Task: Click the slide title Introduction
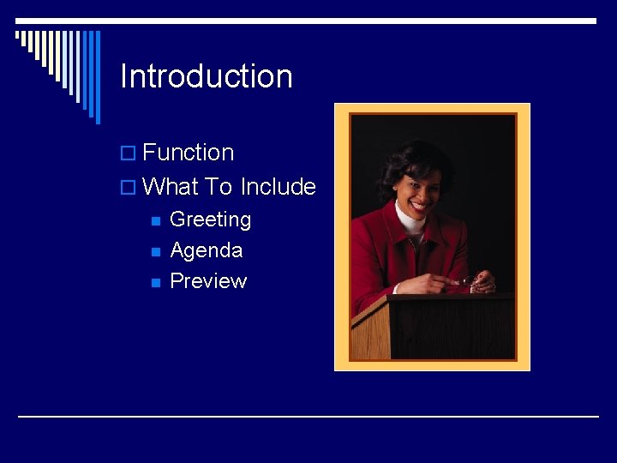click(207, 76)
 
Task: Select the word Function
click(189, 153)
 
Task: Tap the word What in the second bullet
click(171, 187)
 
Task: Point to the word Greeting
click(210, 219)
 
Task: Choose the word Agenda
click(206, 250)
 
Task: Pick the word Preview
click(208, 281)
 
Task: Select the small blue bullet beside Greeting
click(154, 220)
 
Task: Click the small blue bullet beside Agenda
click(154, 251)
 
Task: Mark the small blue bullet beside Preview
click(154, 282)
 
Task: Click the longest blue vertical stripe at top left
click(97, 77)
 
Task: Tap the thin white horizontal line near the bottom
click(308, 417)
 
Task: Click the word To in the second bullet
click(219, 187)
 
